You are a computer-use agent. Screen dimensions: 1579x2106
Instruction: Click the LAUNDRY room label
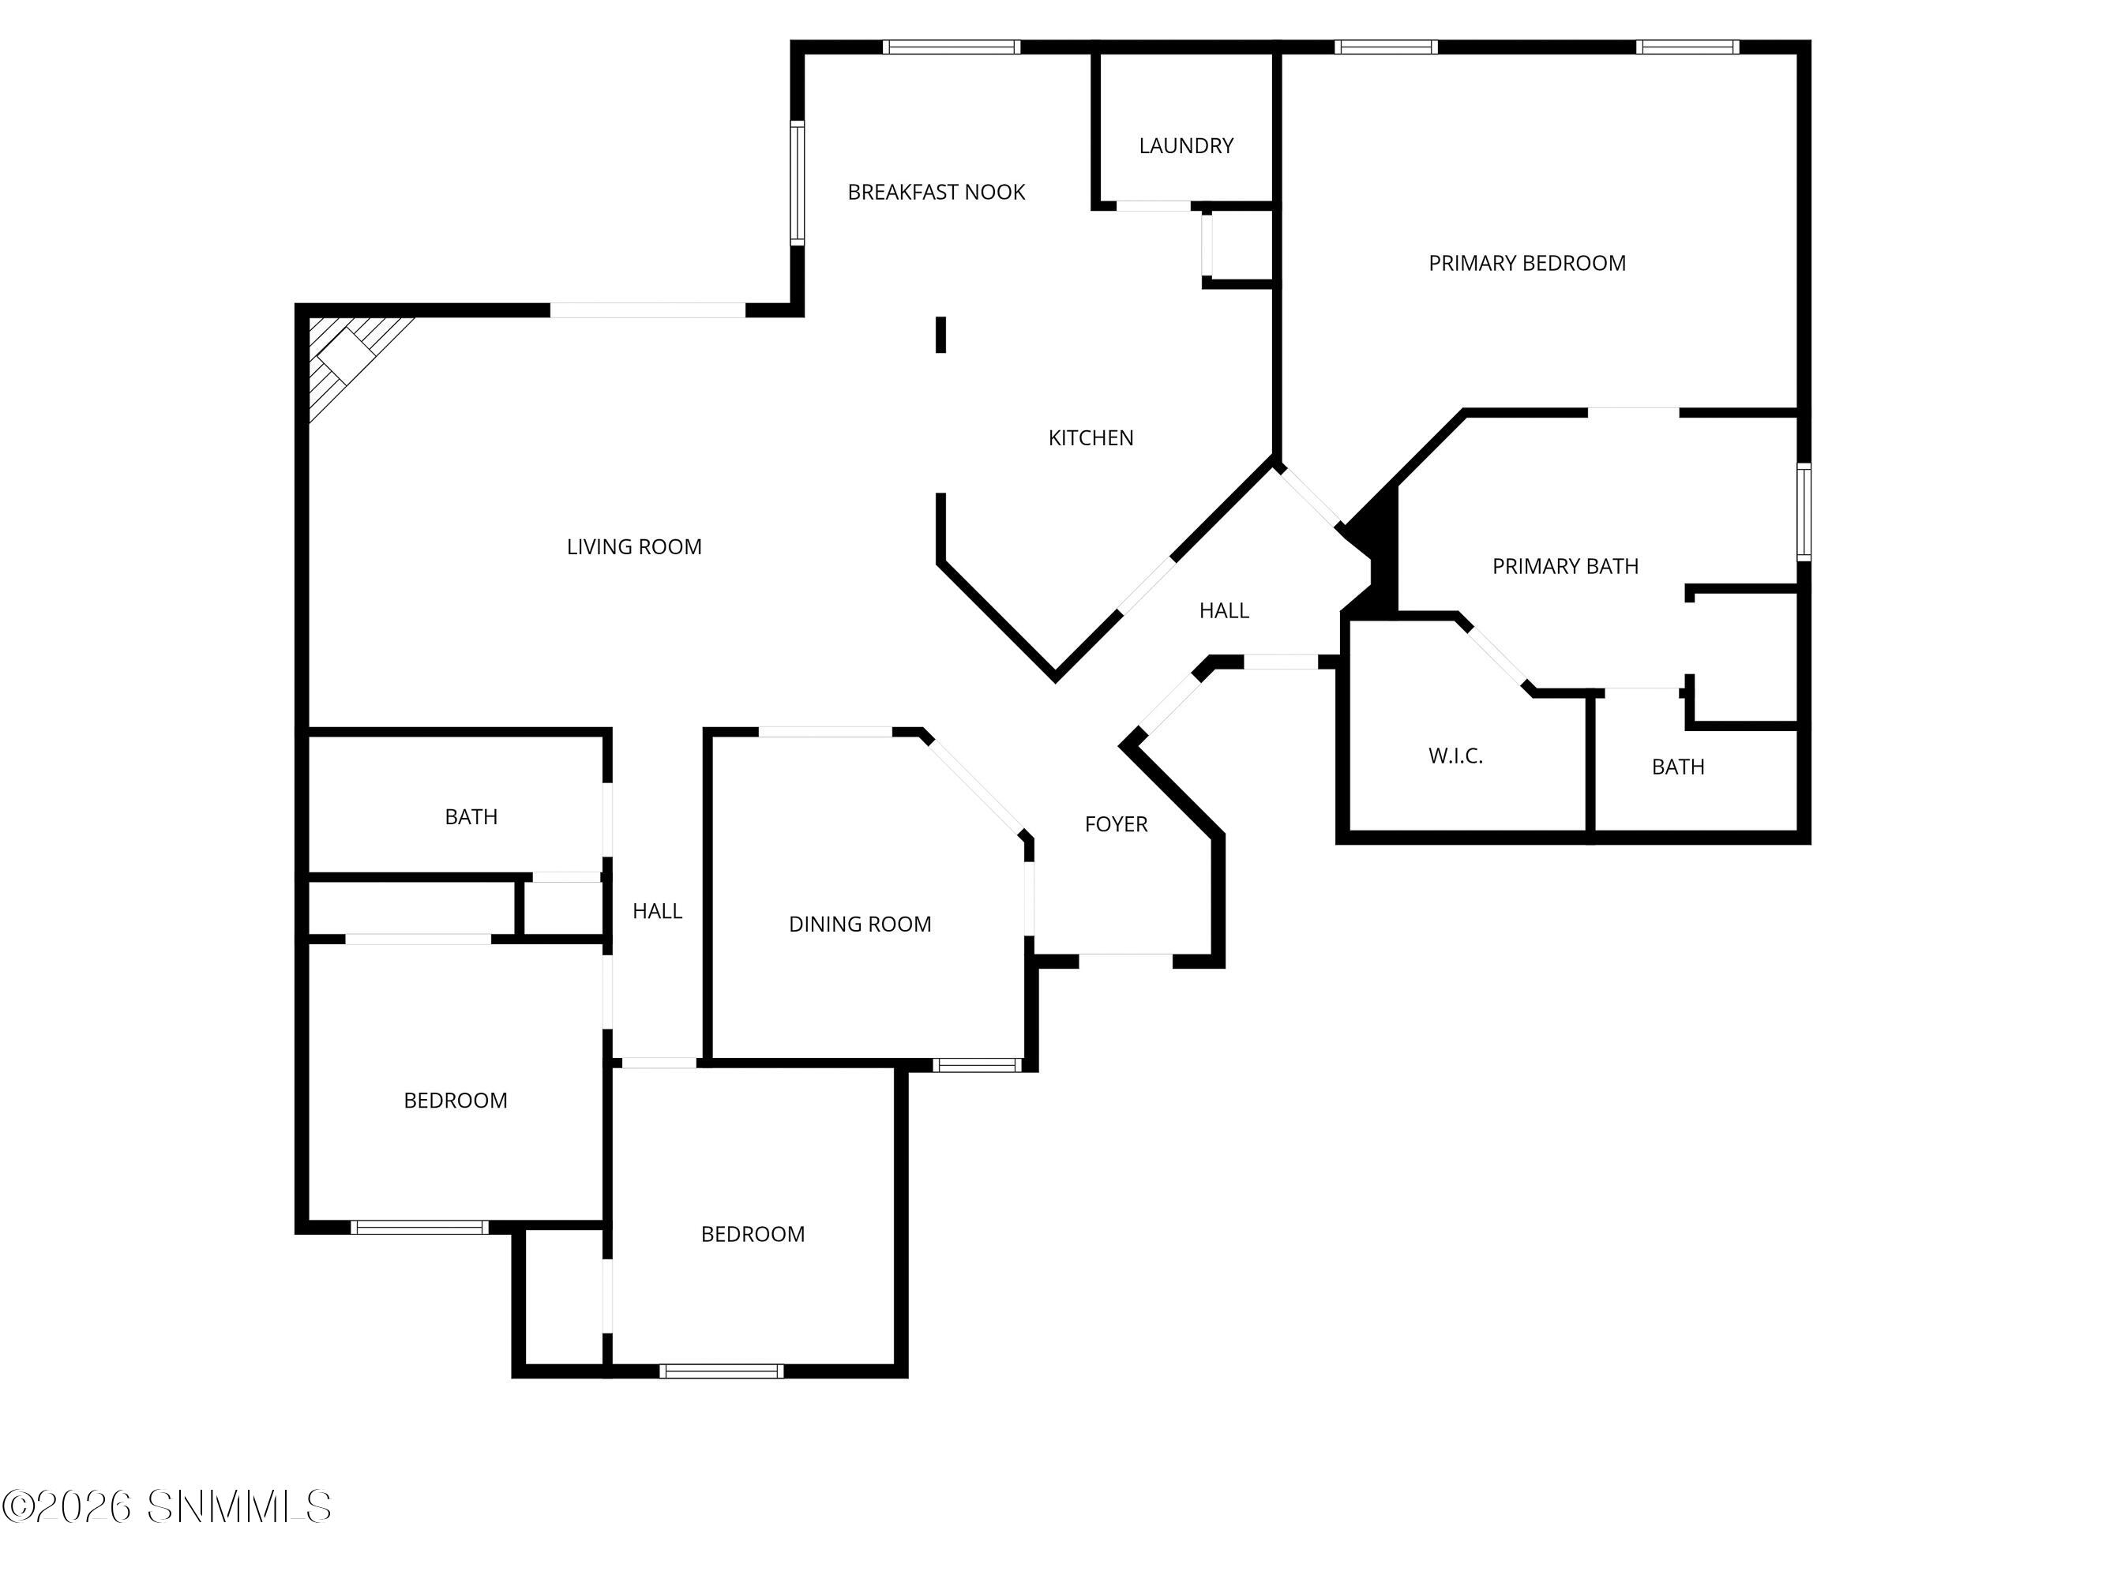click(x=1185, y=145)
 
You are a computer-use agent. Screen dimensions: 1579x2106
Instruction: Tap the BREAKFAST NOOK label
click(x=936, y=193)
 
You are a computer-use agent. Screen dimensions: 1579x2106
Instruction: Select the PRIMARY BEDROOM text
click(x=1526, y=264)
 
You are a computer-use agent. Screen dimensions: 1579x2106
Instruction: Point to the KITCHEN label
click(x=1091, y=438)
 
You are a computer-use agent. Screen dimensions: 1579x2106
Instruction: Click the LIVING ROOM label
click(x=633, y=547)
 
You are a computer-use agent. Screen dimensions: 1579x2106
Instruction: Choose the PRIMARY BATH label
click(x=1564, y=566)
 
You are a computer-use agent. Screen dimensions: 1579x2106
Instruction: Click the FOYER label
click(x=1116, y=824)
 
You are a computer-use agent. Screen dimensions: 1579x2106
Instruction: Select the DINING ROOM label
click(x=860, y=925)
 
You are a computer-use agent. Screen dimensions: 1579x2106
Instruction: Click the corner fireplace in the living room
click(x=347, y=357)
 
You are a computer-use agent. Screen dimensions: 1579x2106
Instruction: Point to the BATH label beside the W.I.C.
click(x=1677, y=767)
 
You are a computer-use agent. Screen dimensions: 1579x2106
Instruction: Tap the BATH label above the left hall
click(x=471, y=816)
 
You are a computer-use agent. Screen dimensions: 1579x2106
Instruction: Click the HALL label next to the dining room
click(x=657, y=912)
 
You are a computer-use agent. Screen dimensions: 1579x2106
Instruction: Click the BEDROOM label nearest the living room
click(x=455, y=1101)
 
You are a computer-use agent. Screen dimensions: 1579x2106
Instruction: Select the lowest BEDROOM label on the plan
click(x=752, y=1235)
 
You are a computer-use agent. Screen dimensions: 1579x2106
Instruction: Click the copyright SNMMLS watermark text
click(x=167, y=1506)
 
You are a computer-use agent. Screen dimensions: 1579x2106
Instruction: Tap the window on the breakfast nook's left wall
click(x=797, y=182)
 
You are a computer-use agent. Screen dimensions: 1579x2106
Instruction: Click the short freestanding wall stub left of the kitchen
click(x=940, y=335)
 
